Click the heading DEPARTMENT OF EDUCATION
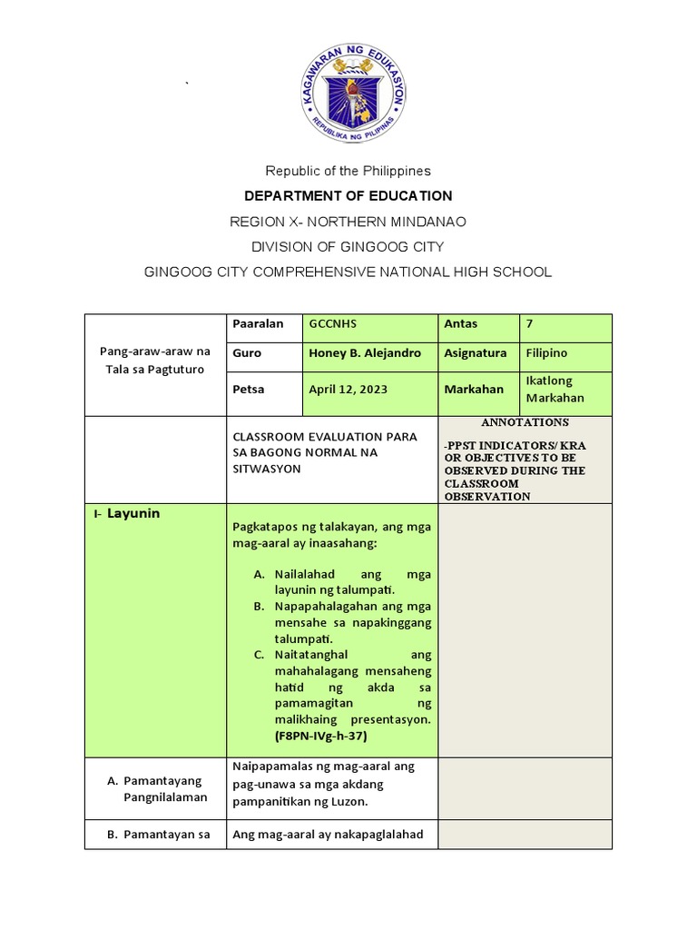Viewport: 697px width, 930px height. click(348, 195)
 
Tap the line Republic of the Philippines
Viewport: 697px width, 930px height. click(348, 171)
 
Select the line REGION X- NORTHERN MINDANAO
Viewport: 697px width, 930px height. click(348, 222)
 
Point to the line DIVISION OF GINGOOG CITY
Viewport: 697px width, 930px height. click(348, 247)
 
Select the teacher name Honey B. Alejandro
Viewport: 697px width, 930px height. click(365, 353)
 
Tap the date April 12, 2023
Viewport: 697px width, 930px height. click(348, 390)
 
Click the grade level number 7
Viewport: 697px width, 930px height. click(530, 324)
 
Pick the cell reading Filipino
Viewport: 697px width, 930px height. click(546, 353)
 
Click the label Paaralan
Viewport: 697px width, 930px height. click(259, 324)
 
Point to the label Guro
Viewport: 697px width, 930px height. click(247, 353)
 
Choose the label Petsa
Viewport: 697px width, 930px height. click(249, 390)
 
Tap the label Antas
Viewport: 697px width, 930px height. click(461, 324)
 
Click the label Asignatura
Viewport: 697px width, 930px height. click(476, 353)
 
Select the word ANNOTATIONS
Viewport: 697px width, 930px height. click(525, 422)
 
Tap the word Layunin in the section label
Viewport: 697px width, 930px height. click(133, 513)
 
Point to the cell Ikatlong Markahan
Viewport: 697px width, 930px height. click(555, 389)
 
